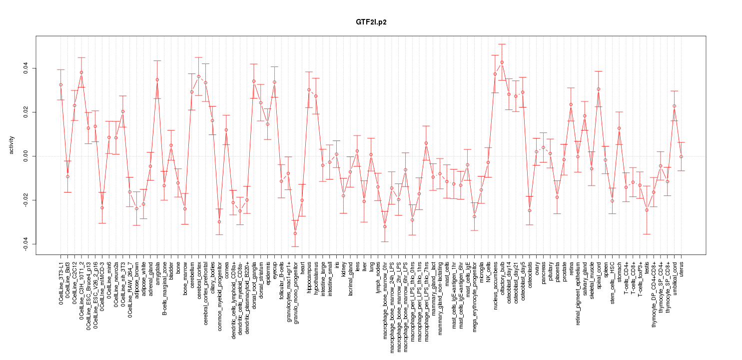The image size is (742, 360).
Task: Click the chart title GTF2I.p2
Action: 371,22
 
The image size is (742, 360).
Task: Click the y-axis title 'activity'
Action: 11,145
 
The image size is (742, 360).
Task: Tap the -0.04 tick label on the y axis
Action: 26,244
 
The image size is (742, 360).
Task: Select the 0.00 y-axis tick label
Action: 26,156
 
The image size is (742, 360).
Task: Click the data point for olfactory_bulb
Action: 502,62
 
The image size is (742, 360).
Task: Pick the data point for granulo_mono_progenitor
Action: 295,233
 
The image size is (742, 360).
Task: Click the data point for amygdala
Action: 157,79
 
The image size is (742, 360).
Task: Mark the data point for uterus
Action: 681,156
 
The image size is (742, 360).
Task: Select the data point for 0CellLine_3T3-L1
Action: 61,84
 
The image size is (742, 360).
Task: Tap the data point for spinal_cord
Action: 598,89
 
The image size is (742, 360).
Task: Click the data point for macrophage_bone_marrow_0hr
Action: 385,226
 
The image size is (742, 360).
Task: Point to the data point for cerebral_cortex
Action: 199,76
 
